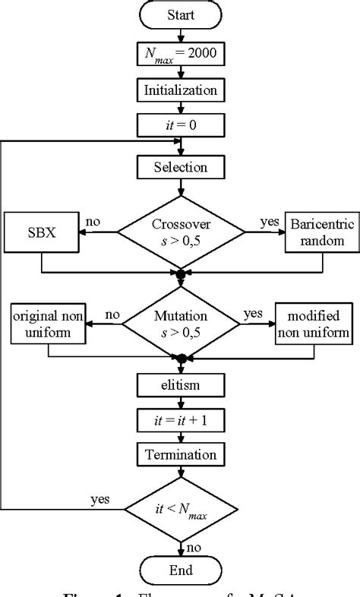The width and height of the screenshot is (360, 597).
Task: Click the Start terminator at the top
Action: (x=181, y=14)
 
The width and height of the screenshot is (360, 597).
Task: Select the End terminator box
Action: (x=181, y=570)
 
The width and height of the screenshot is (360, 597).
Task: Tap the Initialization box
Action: (x=181, y=90)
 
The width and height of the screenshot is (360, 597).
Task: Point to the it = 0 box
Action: (x=181, y=123)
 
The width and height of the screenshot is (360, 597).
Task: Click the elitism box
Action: (x=181, y=386)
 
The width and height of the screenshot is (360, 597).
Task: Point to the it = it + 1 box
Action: (x=181, y=421)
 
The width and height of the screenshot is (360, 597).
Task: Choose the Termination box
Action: (x=181, y=454)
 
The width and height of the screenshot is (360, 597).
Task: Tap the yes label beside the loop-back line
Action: (x=99, y=498)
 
